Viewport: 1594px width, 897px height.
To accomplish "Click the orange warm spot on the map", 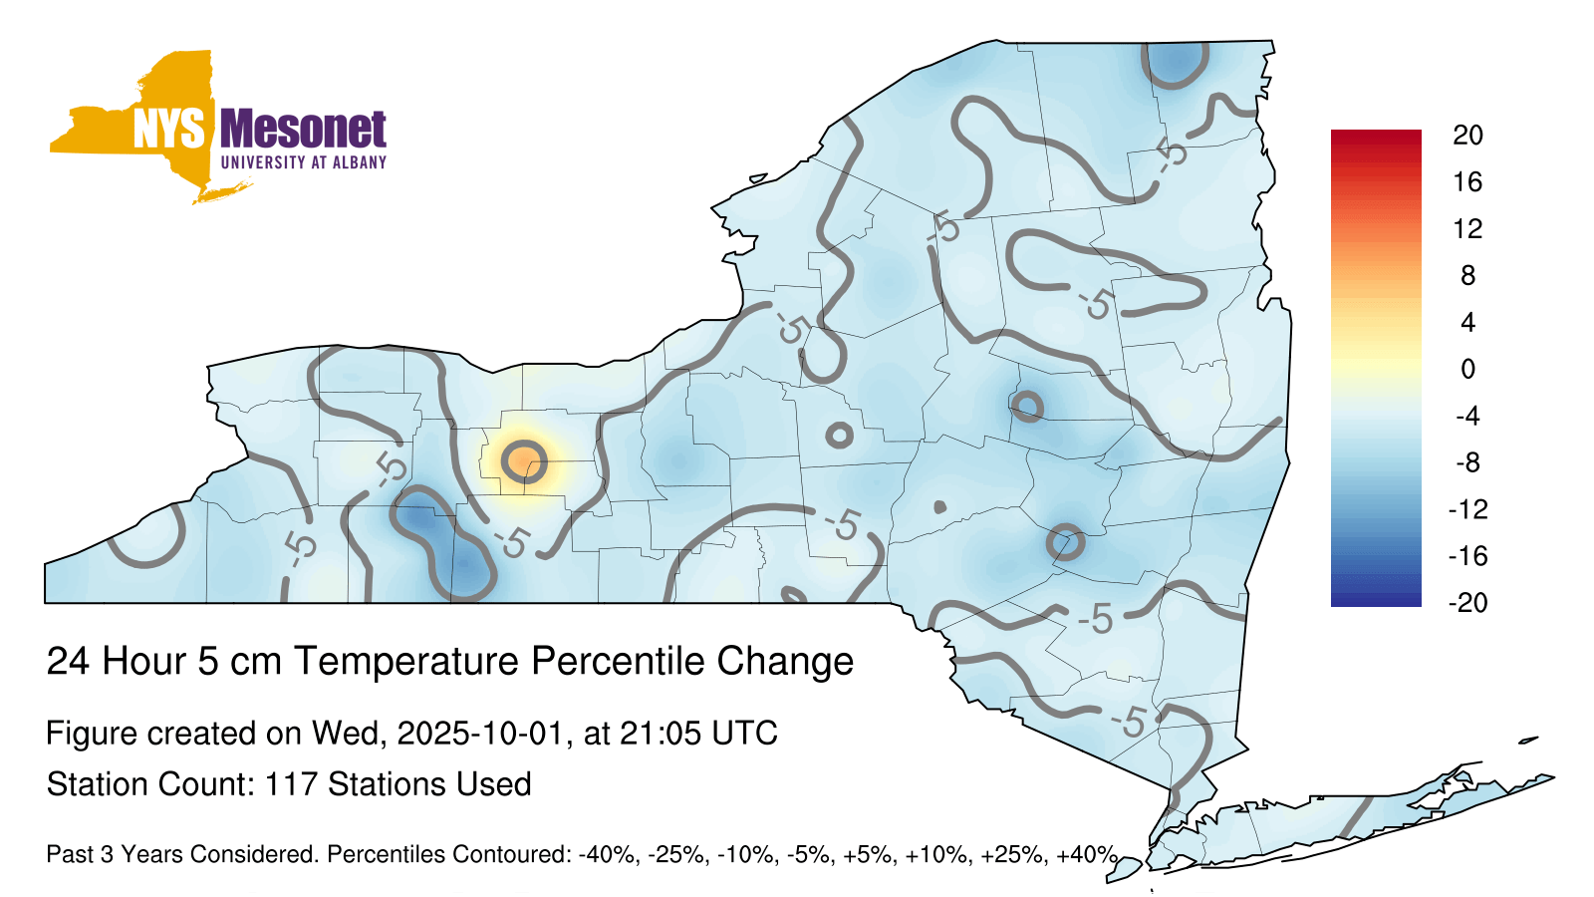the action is (524, 461).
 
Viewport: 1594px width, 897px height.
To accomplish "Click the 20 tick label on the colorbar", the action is (1467, 136).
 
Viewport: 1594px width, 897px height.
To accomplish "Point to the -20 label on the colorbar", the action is (1468, 603).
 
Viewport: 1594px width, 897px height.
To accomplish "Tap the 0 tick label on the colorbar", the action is (1467, 369).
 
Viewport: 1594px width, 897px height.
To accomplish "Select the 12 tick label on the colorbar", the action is (1467, 228).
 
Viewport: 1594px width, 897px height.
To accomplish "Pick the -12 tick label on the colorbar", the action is (1468, 509).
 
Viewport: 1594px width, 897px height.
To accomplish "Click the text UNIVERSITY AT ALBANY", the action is (304, 162).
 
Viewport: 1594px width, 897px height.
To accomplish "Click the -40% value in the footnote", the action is (607, 854).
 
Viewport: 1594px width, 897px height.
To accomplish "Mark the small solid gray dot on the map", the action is (939, 507).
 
